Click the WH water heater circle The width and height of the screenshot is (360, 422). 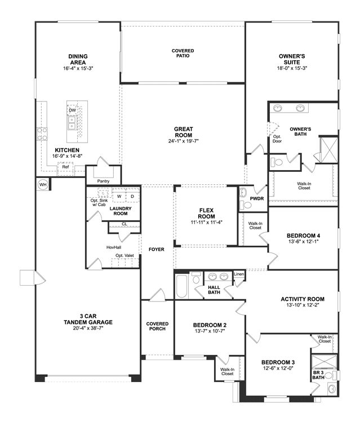click(x=43, y=185)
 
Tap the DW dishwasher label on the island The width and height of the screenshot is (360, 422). click(x=72, y=110)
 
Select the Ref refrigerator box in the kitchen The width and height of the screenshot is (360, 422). click(x=65, y=169)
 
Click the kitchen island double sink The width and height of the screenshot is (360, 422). click(x=72, y=123)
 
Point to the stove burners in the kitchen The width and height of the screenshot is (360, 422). click(x=42, y=134)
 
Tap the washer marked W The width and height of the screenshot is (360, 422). click(x=119, y=197)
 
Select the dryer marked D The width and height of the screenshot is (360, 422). click(x=132, y=197)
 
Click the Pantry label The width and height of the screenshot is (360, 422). click(x=103, y=181)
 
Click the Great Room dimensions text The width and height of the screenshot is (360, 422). click(x=184, y=141)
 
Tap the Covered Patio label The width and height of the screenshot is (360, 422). click(x=183, y=54)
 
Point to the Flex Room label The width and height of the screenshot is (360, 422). click(x=206, y=214)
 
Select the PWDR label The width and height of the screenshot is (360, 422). click(x=257, y=199)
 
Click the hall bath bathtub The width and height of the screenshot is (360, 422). click(x=181, y=286)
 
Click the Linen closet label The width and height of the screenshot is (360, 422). click(x=239, y=274)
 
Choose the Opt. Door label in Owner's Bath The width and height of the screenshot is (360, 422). click(x=277, y=139)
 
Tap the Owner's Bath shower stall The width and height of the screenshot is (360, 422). click(x=328, y=150)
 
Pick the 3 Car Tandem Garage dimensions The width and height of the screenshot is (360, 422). click(x=88, y=328)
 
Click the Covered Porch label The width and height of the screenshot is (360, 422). click(x=157, y=326)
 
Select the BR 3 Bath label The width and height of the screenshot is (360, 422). click(x=318, y=375)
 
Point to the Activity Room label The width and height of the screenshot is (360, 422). click(x=303, y=299)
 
